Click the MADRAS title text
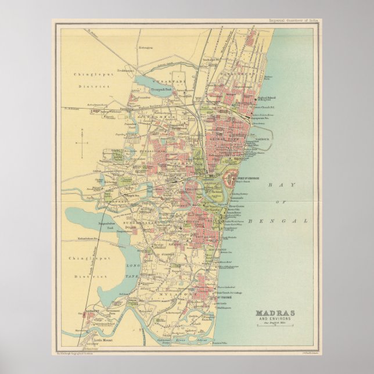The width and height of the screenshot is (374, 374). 276,314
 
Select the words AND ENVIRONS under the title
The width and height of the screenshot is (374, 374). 276,319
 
